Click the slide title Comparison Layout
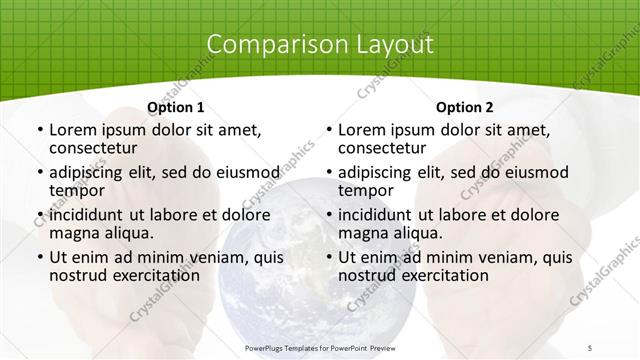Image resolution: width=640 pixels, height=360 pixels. [x=320, y=45]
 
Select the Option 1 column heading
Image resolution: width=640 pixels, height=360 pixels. [x=175, y=107]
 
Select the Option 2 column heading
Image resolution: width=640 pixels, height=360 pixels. [x=464, y=107]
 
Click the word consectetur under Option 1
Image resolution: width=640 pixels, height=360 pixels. [x=93, y=149]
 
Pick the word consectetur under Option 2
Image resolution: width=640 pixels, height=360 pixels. [x=382, y=149]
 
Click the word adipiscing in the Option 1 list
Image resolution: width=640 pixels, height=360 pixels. [x=89, y=172]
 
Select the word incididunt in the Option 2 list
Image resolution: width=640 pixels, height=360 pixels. [x=381, y=214]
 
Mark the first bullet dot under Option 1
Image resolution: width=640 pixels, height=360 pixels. [x=39, y=131]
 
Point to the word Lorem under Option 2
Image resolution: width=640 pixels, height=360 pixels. [x=361, y=130]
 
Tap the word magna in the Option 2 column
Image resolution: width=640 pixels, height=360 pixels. [x=363, y=233]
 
